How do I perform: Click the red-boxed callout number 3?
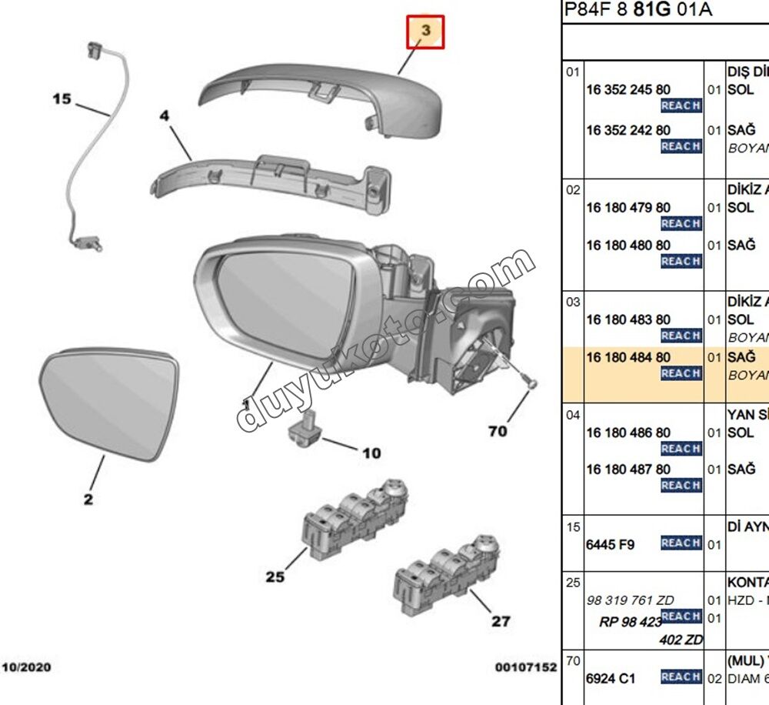(426, 32)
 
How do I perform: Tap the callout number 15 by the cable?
(62, 99)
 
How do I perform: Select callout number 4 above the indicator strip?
(164, 116)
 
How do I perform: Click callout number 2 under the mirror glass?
(88, 500)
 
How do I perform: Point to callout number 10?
(371, 453)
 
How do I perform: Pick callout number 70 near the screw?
(498, 431)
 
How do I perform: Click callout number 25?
(275, 576)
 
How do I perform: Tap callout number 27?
(501, 621)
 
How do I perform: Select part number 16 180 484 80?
(628, 357)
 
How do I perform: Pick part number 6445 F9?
(610, 545)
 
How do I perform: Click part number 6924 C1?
(611, 678)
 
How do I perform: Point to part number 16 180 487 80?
(628, 469)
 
